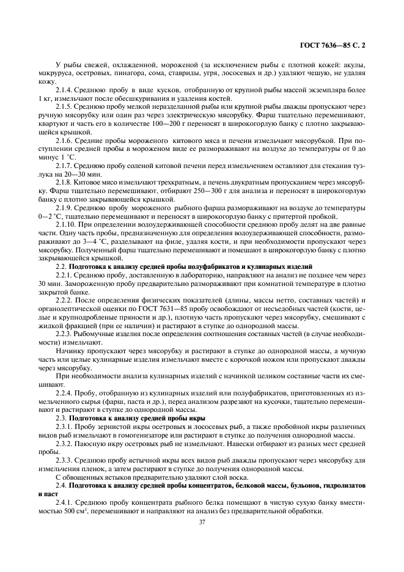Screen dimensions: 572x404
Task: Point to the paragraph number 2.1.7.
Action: tap(64, 166)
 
